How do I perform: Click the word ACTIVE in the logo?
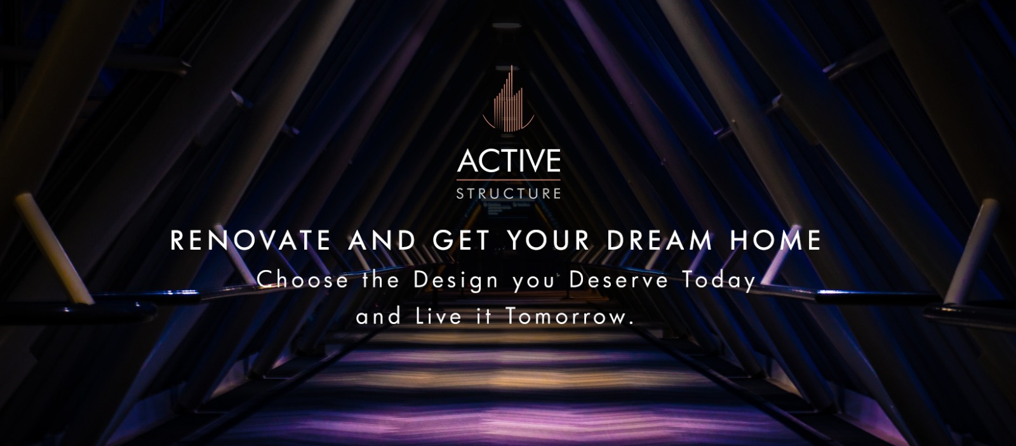click(509, 161)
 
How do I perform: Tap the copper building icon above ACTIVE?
click(509, 99)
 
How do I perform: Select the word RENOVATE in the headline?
click(250, 240)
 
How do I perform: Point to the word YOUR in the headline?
click(549, 240)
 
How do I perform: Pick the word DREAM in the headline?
click(660, 240)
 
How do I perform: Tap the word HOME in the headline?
click(775, 240)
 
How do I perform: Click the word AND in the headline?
click(382, 240)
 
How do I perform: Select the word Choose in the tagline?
click(302, 280)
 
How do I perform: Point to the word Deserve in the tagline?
click(618, 280)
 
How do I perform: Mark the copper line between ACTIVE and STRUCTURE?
click(509, 180)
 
